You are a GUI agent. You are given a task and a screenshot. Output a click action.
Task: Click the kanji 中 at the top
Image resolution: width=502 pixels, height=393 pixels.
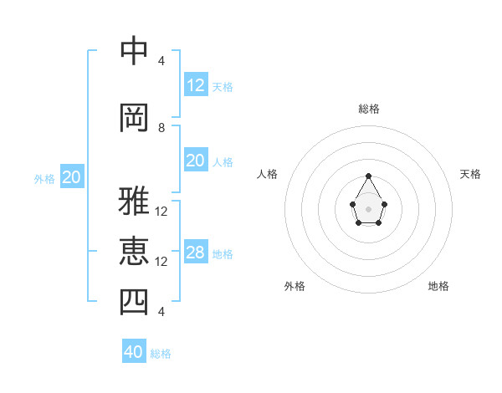pyautogui.click(x=134, y=50)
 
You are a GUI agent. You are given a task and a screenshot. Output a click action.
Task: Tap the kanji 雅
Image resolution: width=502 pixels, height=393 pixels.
pyautogui.click(x=134, y=201)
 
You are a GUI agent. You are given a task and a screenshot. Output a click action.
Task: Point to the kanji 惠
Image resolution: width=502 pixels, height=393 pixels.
pyautogui.click(x=134, y=251)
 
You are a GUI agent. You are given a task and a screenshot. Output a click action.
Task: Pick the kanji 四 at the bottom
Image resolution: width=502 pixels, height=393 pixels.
pyautogui.click(x=134, y=301)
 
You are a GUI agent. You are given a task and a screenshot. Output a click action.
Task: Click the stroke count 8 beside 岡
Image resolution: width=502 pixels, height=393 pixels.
pyautogui.click(x=161, y=128)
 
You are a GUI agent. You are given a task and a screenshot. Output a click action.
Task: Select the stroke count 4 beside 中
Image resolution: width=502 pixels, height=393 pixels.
pyautogui.click(x=161, y=61)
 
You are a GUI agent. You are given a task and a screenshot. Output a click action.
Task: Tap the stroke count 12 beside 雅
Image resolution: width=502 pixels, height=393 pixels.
pyautogui.click(x=161, y=212)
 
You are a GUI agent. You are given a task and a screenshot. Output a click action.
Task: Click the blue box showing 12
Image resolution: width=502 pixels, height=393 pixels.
pyautogui.click(x=196, y=85)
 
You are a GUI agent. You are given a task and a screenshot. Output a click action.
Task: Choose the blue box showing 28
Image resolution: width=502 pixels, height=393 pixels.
pyautogui.click(x=196, y=253)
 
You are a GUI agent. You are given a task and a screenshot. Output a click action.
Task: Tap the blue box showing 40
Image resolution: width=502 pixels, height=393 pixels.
pyautogui.click(x=134, y=352)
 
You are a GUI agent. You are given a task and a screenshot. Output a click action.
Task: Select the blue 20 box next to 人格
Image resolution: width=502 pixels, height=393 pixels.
pyautogui.click(x=196, y=161)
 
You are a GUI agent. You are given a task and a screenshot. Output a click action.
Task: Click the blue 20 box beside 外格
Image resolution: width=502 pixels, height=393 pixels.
pyautogui.click(x=72, y=177)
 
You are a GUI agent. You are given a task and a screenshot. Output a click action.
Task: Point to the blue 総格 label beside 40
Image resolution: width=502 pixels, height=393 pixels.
pyautogui.click(x=161, y=354)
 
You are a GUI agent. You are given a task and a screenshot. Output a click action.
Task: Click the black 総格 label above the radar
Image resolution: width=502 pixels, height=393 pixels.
pyautogui.click(x=369, y=109)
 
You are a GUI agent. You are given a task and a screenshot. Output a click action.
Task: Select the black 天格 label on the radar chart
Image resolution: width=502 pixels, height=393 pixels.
pyautogui.click(x=470, y=174)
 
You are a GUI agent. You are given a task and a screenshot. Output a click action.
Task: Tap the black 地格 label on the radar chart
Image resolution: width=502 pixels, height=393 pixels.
pyautogui.click(x=438, y=286)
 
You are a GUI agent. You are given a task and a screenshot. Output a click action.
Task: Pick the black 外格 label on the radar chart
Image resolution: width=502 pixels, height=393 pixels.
pyautogui.click(x=295, y=286)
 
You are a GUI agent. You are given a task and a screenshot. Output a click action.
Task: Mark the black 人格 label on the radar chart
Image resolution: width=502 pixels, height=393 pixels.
pyautogui.click(x=268, y=174)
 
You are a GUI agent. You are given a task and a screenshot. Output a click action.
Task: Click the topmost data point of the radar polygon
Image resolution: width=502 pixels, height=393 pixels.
pyautogui.click(x=369, y=176)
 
